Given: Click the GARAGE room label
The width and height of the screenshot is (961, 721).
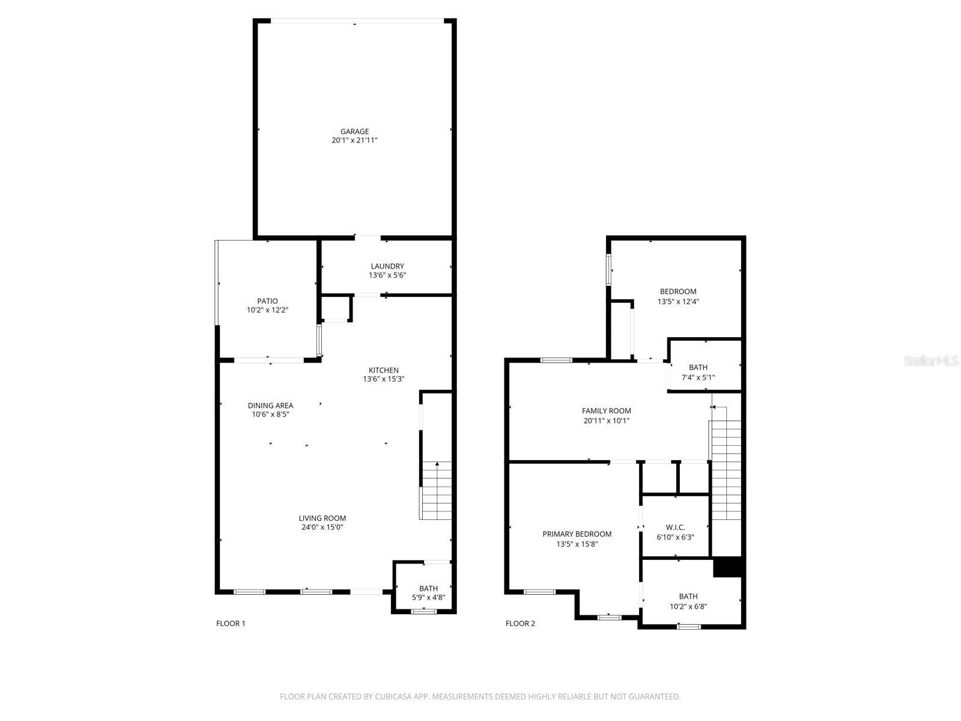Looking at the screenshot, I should coord(354,132).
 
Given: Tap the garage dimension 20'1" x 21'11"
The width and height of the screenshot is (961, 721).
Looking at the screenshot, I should coord(354,141).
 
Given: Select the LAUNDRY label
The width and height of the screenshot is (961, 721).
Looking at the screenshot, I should coord(387,266).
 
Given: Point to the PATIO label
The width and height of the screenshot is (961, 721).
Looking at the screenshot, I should coord(267,301).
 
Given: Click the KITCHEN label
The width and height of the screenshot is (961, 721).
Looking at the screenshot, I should coord(383,370).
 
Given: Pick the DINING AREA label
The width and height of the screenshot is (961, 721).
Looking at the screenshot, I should coord(270,406).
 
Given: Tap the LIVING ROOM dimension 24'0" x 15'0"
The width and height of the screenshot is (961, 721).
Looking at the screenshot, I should coord(323,528).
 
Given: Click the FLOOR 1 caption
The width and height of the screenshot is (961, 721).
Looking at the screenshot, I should coord(231,624).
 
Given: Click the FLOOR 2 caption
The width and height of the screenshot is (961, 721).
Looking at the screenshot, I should coord(520,624).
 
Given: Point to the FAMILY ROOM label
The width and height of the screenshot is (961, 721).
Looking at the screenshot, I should coord(606,411).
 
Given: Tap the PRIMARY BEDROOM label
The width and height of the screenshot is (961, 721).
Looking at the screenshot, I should coord(577,534).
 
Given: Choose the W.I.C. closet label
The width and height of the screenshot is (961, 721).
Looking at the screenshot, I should coord(675,528).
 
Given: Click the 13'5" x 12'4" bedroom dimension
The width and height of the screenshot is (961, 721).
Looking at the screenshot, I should coord(678,302).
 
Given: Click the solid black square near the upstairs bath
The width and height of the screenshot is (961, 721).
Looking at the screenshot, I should coord(728,567).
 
